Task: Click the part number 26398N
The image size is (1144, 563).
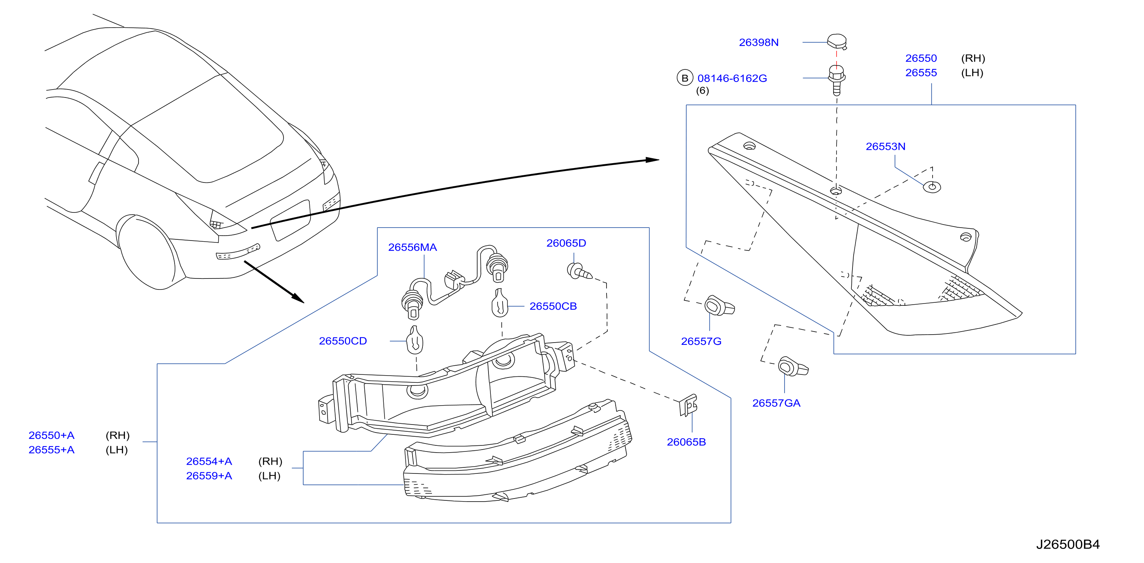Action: point(758,42)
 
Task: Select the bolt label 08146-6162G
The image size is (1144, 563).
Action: point(732,79)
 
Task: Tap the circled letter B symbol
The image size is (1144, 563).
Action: point(685,78)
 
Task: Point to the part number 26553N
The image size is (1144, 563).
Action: point(886,146)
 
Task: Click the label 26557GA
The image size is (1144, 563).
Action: point(776,403)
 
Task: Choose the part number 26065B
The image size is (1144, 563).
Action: point(686,442)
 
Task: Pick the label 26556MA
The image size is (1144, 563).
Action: point(413,247)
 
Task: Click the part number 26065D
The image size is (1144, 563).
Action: point(566,243)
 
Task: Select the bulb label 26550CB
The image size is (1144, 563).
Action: point(553,307)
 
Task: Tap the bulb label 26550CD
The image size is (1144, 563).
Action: point(343,341)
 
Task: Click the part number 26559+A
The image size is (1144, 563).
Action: point(209,476)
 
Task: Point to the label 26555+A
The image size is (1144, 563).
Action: point(52,450)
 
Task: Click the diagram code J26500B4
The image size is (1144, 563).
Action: point(1068,545)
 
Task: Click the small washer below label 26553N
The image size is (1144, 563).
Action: point(932,187)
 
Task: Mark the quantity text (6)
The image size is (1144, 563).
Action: point(702,91)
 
